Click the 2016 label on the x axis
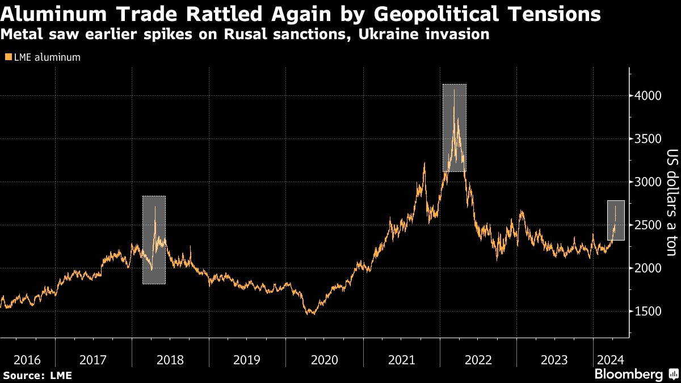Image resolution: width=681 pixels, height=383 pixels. click(27, 360)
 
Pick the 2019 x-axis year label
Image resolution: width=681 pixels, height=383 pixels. click(247, 360)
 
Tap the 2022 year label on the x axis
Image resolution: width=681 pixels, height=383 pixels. click(478, 360)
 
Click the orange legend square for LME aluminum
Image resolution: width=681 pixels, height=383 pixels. click(7, 57)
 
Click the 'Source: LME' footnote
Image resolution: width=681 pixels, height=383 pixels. click(37, 375)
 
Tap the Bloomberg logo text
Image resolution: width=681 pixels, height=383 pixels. click(628, 374)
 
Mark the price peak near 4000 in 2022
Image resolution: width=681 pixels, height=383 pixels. click(454, 90)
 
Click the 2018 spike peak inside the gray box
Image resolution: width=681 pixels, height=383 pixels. click(155, 207)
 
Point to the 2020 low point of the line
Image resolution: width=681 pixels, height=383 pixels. click(312, 314)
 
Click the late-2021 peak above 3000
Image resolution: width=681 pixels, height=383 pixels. click(424, 163)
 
